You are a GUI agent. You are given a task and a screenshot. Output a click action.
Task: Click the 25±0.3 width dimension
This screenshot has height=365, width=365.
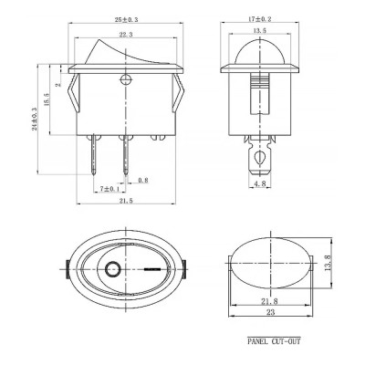coord(126,19)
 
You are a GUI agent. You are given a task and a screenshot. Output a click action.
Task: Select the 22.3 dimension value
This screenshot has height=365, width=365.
coord(126,35)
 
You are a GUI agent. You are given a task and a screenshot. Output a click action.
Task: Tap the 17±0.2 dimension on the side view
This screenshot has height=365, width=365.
coord(260,19)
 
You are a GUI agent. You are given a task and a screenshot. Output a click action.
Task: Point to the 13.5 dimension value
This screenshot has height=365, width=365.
coord(260,30)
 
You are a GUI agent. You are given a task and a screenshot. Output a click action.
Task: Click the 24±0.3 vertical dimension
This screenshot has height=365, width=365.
coord(35,119)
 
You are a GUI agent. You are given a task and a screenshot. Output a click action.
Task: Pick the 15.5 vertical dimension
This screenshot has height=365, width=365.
coord(47,99)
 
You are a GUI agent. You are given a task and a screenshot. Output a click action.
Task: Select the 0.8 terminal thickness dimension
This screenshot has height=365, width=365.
coord(143,181)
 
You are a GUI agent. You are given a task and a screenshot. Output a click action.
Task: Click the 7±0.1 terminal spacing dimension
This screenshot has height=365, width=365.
coord(109,189)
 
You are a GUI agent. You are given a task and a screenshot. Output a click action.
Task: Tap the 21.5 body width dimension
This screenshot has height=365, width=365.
coord(126,201)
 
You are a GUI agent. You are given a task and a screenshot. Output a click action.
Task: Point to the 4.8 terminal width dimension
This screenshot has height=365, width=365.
coord(260,183)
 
